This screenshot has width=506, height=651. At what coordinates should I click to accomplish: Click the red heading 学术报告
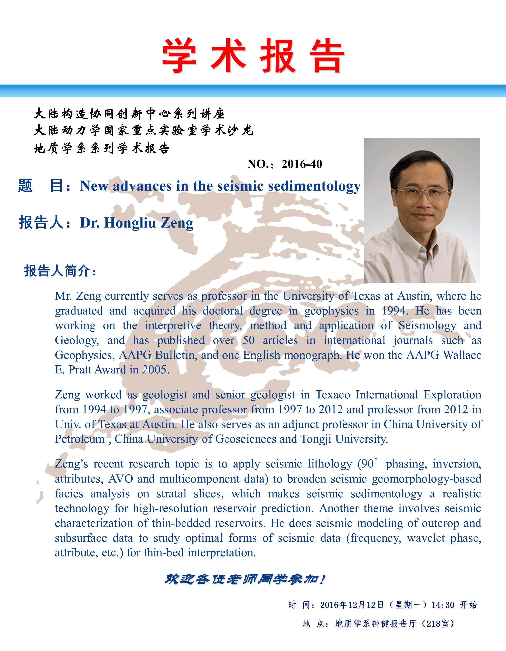click(253, 56)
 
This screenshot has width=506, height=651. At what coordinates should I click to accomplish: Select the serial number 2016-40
click(302, 164)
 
